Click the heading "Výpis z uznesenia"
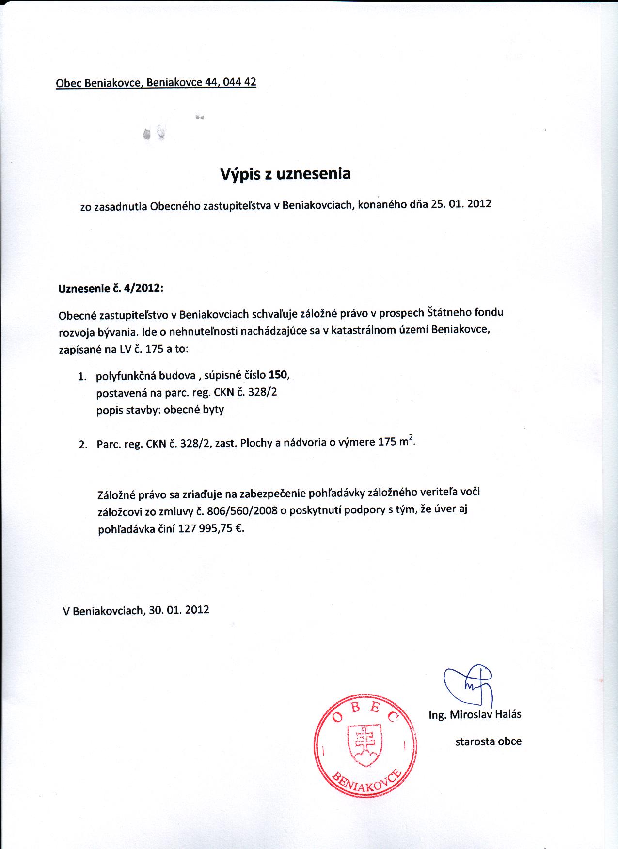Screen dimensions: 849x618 (x=285, y=174)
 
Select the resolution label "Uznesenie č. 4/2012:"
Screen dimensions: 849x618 (x=111, y=288)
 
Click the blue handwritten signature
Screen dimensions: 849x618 (x=469, y=684)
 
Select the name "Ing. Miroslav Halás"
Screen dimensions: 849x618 (x=475, y=714)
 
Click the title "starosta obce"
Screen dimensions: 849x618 (x=488, y=741)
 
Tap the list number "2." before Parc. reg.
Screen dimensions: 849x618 (x=83, y=445)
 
